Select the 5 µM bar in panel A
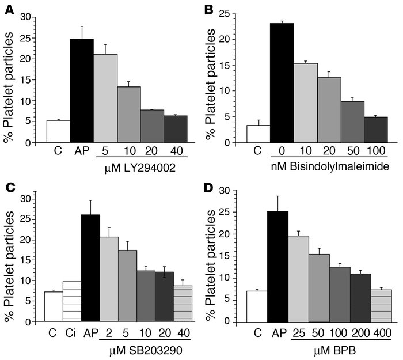[x=105, y=98]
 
